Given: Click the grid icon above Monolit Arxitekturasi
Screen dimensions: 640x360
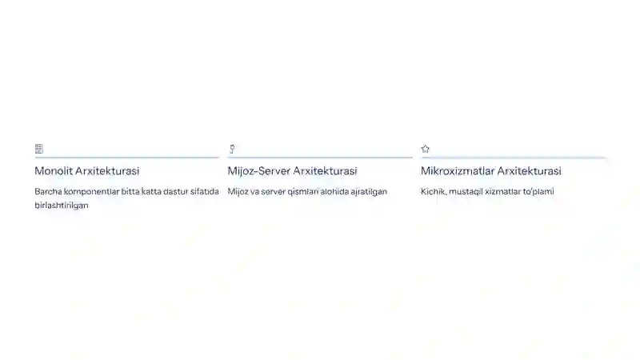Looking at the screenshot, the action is point(38,149).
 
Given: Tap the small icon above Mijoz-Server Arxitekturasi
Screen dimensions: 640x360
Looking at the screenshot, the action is point(232,149).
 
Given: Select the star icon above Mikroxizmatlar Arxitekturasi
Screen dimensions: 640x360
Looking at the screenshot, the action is point(426,149).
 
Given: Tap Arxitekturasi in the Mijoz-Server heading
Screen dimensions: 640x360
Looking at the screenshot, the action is point(325,170).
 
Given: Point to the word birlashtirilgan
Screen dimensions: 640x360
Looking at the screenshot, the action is point(62,206).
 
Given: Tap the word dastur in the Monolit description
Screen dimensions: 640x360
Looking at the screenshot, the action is point(175,191).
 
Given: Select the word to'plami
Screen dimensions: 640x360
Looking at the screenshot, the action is point(538,192).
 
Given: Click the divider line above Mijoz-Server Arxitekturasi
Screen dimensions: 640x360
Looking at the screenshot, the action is point(320,157).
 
